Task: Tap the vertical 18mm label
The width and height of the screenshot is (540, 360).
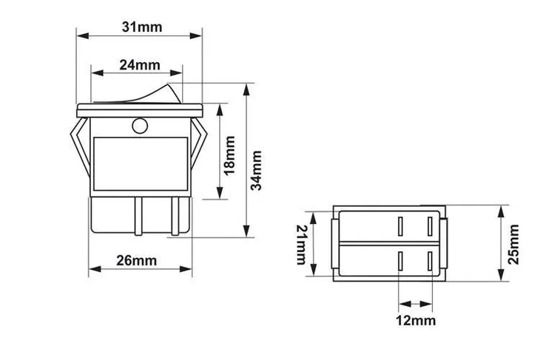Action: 229,154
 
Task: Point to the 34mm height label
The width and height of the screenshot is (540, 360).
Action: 257,171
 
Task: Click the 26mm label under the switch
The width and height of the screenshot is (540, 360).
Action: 137,260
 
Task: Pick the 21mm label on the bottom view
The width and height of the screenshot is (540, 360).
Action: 301,245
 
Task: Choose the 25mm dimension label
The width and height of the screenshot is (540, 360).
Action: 515,245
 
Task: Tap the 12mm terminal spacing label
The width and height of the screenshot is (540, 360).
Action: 415,320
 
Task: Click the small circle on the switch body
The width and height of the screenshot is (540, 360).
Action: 138,126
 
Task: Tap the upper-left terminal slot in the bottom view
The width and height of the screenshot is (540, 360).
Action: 399,225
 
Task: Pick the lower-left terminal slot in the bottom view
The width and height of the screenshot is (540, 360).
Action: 399,261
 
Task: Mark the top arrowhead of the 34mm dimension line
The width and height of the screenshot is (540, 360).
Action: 246,87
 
